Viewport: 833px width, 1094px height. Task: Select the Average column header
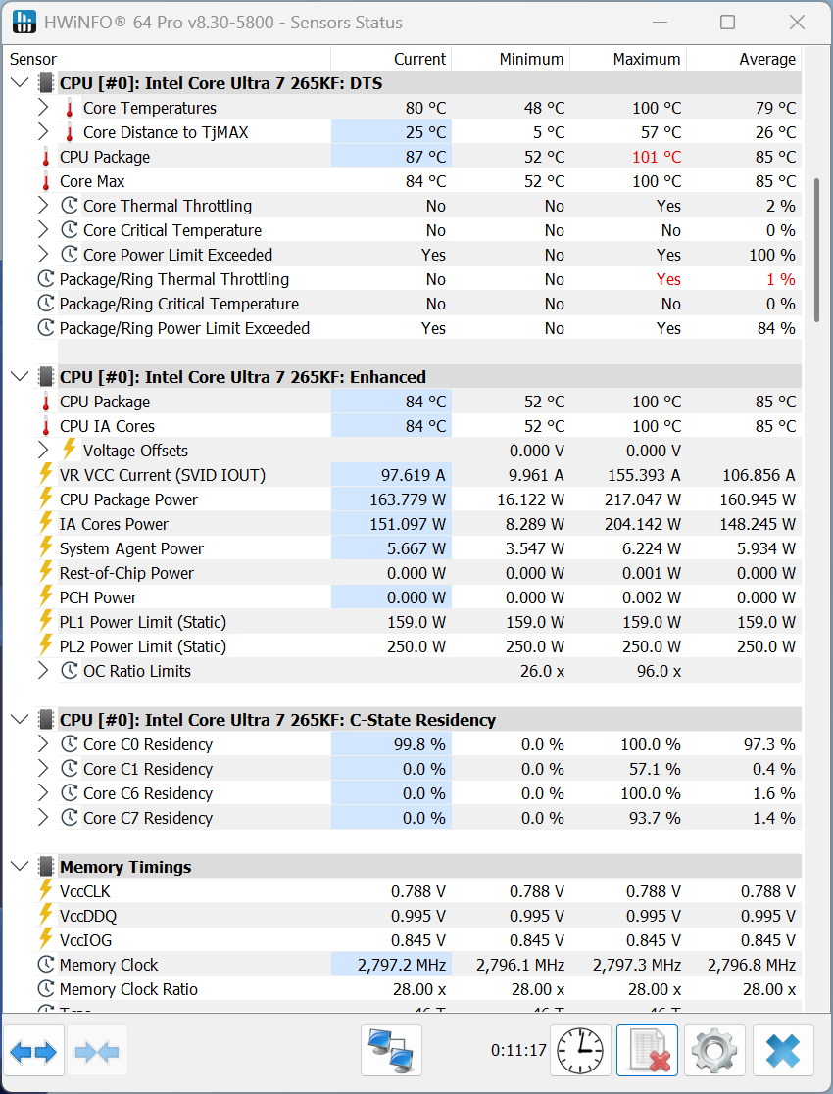click(766, 59)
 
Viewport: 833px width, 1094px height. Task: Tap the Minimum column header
click(531, 59)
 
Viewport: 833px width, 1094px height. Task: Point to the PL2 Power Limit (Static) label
click(143, 646)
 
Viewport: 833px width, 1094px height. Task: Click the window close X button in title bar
click(797, 23)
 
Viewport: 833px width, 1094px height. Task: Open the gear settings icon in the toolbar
click(714, 1051)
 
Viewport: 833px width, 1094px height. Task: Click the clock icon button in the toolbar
click(580, 1051)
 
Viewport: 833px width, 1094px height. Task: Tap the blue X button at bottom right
click(783, 1051)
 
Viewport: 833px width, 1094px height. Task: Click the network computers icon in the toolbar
click(391, 1051)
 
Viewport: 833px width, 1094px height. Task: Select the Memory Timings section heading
click(125, 867)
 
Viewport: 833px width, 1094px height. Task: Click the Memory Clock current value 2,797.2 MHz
click(402, 965)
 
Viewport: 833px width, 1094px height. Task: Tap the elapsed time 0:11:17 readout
click(518, 1051)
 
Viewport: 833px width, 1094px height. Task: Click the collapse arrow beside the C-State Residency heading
click(20, 720)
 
